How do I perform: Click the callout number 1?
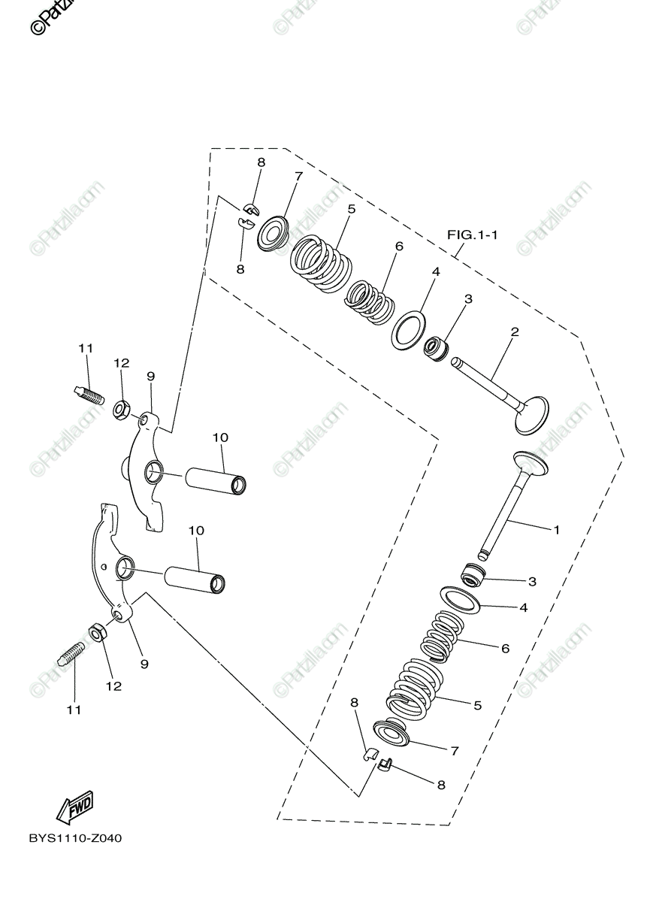pos(557,530)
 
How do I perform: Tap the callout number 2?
pos(515,331)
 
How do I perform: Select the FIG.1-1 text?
pos(473,235)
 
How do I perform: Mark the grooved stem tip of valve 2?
pos(456,363)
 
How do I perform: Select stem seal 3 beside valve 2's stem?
pos(436,349)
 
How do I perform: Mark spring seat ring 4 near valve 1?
pos(460,601)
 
